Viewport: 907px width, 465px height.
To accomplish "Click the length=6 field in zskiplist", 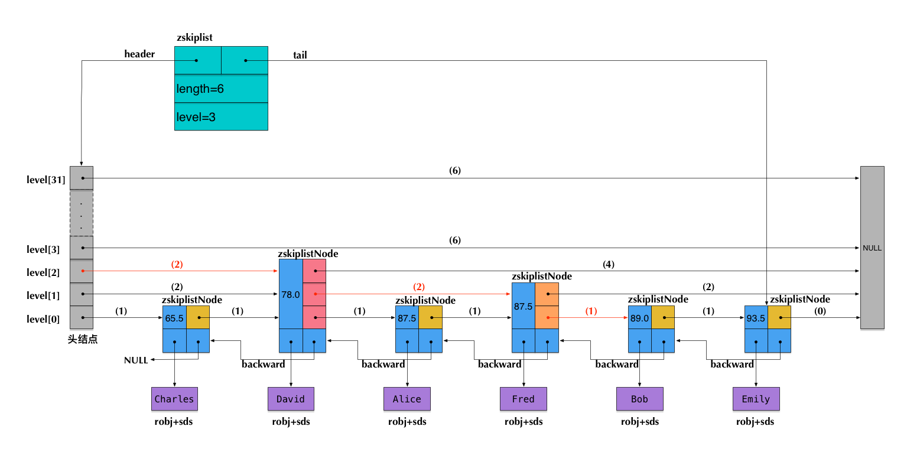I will click(x=221, y=89).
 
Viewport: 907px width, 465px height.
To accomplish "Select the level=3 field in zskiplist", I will click(x=221, y=117).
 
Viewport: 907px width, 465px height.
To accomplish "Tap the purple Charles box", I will click(x=174, y=399).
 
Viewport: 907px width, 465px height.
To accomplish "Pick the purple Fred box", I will click(x=524, y=399).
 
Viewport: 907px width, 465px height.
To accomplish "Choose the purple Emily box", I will click(x=756, y=399).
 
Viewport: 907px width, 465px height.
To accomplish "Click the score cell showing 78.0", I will click(x=291, y=294).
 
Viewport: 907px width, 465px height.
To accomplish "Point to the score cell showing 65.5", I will click(x=174, y=318).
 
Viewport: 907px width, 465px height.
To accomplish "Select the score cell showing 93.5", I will click(x=756, y=318).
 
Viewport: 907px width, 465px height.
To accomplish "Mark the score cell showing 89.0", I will click(x=639, y=318).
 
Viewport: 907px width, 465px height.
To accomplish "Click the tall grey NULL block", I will click(x=872, y=248).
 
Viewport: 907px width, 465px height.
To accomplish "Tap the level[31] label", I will click(x=45, y=180).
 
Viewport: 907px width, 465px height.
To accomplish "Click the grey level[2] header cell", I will click(x=82, y=272).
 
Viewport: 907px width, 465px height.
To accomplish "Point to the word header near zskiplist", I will click(x=139, y=54).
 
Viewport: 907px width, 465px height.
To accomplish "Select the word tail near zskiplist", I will click(x=300, y=56).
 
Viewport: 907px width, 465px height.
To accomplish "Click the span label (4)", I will click(x=609, y=265).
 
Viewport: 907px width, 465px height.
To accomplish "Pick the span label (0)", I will click(x=820, y=311).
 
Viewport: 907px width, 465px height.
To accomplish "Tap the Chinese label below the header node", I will click(x=83, y=340).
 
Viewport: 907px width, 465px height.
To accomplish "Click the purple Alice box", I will click(x=407, y=399).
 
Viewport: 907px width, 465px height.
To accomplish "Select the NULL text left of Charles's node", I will click(x=136, y=360).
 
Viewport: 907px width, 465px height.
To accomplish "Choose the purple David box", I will click(x=291, y=399).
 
